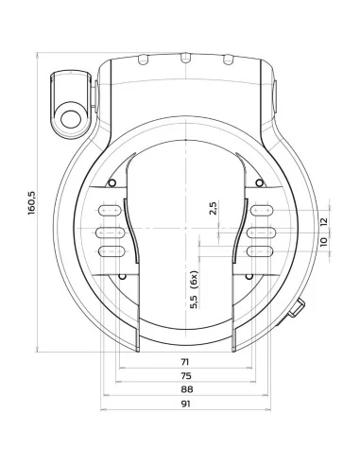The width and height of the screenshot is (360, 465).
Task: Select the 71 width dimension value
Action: pos(186,361)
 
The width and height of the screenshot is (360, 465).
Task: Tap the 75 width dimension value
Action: pos(186,375)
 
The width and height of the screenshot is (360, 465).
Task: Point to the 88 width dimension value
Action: pos(186,389)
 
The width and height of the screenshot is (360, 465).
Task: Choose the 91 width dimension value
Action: pos(186,405)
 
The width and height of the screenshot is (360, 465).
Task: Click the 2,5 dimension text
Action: pos(214,209)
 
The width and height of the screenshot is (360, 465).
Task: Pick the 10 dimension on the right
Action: pos(323,243)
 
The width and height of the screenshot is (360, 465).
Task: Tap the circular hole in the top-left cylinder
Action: pos(70,117)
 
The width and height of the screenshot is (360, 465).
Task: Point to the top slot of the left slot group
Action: pos(111,213)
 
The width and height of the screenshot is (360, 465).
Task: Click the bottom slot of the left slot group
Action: pos(111,250)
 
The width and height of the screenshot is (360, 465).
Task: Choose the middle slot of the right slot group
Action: pos(261,232)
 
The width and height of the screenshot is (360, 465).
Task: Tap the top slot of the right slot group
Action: pos(261,213)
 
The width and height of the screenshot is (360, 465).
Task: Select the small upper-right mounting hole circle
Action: pos(258,182)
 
